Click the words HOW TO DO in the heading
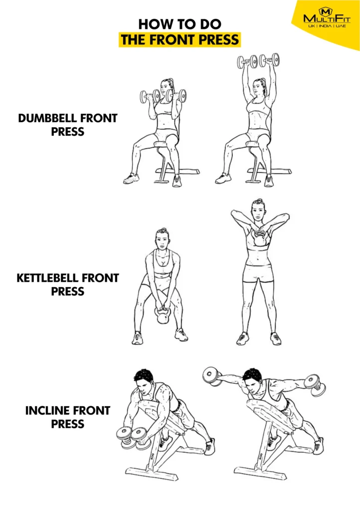(180, 24)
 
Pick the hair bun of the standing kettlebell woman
(258, 201)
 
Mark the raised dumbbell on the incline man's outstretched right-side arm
(316, 385)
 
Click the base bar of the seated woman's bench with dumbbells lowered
(178, 171)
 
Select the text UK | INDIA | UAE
(327, 26)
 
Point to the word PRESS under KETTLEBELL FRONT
(68, 291)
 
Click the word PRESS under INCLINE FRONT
(68, 424)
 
